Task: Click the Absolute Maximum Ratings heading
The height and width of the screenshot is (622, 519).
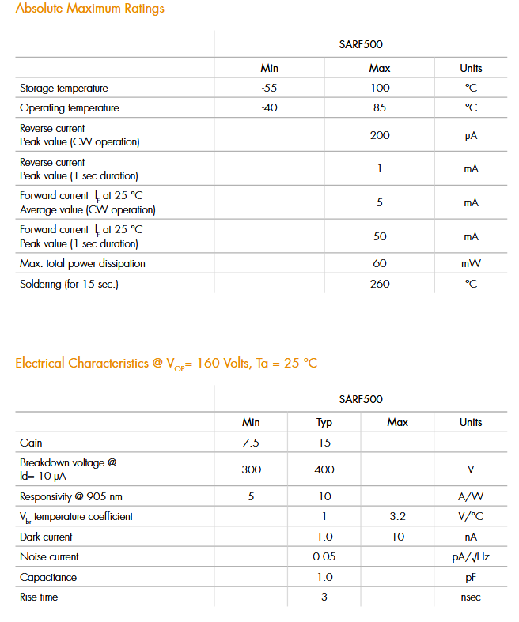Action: coord(90,9)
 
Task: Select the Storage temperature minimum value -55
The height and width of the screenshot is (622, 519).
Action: coord(269,88)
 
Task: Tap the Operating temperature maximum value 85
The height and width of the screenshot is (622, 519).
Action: coord(380,107)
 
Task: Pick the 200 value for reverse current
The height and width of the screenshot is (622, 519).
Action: coord(380,135)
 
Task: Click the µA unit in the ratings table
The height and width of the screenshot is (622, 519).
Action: coord(471,136)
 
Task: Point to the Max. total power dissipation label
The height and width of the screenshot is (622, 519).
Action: coord(82,263)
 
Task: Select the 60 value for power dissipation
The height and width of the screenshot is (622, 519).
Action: coord(380,263)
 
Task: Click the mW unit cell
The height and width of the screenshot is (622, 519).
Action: coord(471,263)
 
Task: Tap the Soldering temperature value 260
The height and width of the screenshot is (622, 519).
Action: coord(380,284)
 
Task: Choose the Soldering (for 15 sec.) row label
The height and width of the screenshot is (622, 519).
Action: coord(69,284)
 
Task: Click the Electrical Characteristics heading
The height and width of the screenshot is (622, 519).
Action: coord(166,364)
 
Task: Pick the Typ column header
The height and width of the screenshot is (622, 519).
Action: coord(324,423)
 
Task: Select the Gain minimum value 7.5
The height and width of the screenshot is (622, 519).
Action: coord(251,443)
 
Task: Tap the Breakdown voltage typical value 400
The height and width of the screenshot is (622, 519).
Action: coord(324,469)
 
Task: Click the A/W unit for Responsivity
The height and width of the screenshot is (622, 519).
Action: coord(471,496)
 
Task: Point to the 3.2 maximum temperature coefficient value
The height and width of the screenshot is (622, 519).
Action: coord(398,516)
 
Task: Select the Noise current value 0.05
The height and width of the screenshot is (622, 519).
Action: coord(324,556)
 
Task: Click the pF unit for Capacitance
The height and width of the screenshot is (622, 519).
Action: coord(471,577)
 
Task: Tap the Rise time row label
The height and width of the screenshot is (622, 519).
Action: coord(39,597)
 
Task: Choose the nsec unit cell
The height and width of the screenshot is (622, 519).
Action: coord(471,597)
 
